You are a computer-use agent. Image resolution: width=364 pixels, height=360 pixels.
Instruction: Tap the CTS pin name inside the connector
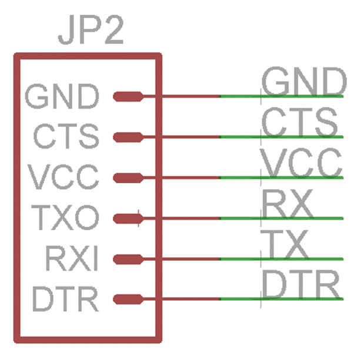point(66,137)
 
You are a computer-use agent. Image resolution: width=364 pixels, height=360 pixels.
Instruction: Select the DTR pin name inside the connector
point(65,300)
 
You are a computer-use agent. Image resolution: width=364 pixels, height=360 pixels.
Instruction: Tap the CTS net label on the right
point(299,122)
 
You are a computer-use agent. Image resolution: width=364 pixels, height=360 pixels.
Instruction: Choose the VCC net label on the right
point(302,163)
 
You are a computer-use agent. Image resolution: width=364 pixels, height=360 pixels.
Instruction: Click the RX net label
point(286,203)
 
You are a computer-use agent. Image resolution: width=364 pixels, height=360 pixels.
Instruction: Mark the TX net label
point(285,244)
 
